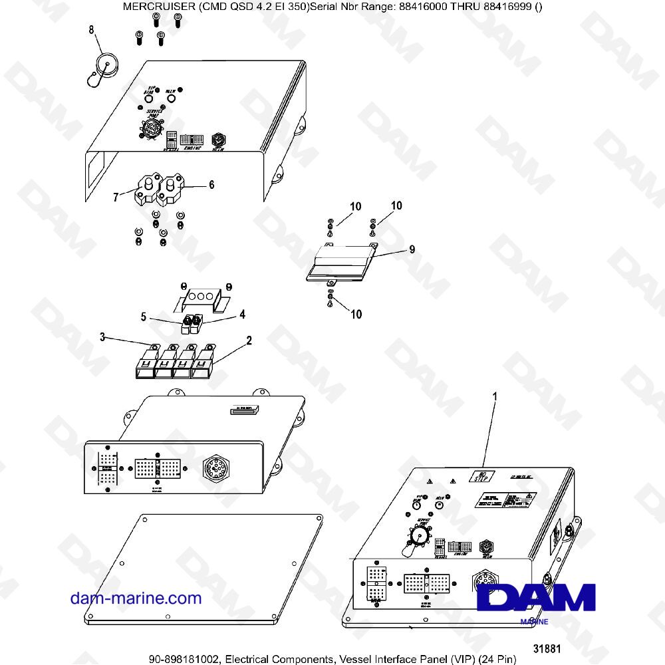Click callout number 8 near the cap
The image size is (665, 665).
[x=92, y=29]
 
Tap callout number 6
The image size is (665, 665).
[x=211, y=186]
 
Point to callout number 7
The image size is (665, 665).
[x=116, y=196]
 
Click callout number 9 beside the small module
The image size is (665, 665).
[x=412, y=250]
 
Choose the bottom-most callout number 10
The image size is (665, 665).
[x=356, y=314]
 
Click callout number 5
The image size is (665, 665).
[x=144, y=317]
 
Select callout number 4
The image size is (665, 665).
[x=242, y=313]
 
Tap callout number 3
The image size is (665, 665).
[x=102, y=338]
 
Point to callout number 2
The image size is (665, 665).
[x=249, y=340]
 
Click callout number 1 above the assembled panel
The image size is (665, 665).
[x=494, y=396]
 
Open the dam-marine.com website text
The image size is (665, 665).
[x=136, y=598]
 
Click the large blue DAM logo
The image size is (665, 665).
[x=537, y=597]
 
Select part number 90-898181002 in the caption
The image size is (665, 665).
[x=184, y=659]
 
